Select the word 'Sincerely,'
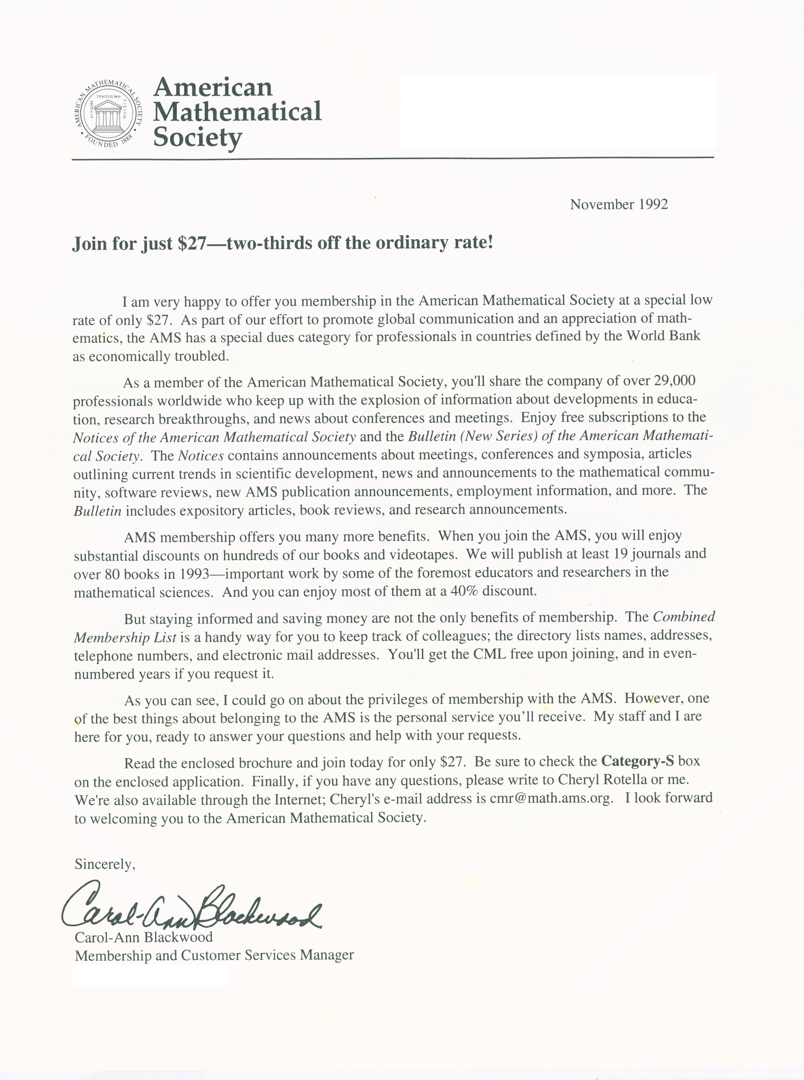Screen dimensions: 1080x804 pos(105,864)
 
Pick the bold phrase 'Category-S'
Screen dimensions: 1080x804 pos(638,761)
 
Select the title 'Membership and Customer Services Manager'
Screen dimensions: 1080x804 pos(214,955)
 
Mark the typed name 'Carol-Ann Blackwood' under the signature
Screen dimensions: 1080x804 pos(144,937)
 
